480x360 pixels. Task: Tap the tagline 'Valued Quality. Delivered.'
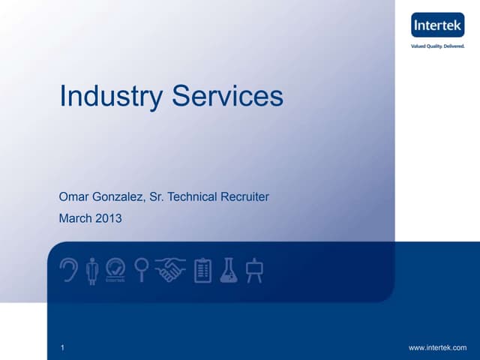click(438, 46)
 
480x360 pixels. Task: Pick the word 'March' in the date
click(75, 219)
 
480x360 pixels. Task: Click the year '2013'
click(108, 219)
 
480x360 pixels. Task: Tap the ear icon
click(68, 269)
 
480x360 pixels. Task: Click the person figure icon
click(92, 270)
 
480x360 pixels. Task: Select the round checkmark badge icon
click(115, 270)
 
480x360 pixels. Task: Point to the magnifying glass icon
click(139, 269)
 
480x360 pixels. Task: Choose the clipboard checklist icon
click(202, 270)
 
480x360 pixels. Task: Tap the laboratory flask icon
click(229, 270)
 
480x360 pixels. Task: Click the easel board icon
click(255, 269)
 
